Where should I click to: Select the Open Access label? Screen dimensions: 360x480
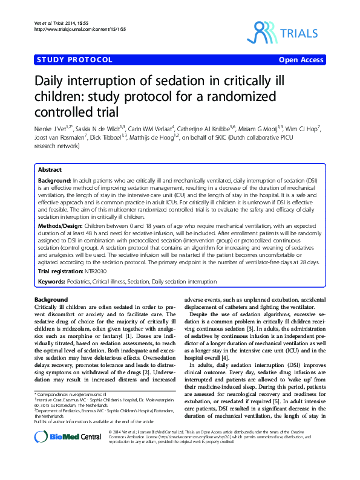[x=302, y=60]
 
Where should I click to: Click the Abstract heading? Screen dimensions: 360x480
[x=50, y=170]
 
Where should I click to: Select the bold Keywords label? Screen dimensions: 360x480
[x=54, y=282]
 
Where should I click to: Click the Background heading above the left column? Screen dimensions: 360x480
[x=51, y=300]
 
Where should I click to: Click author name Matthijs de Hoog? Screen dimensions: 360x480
[x=155, y=137]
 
